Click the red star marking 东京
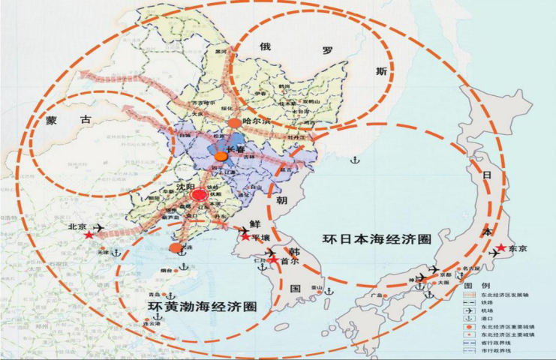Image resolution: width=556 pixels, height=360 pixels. (x=500, y=247)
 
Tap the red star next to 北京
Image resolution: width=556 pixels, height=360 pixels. (x=89, y=235)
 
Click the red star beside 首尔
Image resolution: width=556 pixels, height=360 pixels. (x=274, y=260)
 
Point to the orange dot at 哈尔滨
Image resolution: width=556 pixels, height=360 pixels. (x=235, y=122)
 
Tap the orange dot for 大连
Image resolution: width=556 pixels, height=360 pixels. (x=175, y=247)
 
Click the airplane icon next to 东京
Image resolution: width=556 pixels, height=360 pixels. (x=494, y=254)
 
